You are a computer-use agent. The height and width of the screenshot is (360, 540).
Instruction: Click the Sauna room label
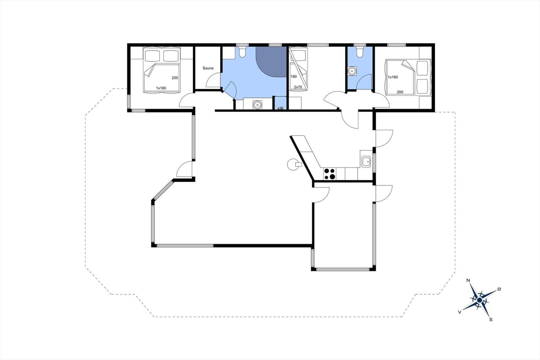[x=208, y=68]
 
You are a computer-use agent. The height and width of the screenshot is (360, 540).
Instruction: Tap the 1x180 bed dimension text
[x=161, y=88]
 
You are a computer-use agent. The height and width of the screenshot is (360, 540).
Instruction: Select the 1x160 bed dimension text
[x=393, y=77]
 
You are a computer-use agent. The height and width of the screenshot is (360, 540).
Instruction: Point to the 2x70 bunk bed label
[x=298, y=87]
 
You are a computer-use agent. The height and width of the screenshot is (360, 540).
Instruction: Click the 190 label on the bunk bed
[x=294, y=77]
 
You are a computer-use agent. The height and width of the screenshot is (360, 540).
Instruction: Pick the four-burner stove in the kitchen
[x=330, y=174]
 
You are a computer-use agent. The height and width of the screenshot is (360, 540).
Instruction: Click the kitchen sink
[x=366, y=161]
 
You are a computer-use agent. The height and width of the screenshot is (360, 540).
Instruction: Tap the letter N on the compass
[x=468, y=280]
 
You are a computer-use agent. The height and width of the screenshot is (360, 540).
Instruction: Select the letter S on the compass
[x=491, y=320]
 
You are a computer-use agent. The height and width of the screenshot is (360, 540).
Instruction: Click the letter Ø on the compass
[x=499, y=289]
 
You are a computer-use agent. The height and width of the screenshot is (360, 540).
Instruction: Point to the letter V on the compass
[x=459, y=312]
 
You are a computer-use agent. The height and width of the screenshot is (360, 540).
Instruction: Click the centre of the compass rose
[x=480, y=300]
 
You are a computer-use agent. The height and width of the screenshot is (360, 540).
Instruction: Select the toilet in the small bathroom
[x=359, y=52]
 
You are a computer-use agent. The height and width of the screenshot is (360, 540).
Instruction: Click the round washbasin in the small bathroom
[x=352, y=71]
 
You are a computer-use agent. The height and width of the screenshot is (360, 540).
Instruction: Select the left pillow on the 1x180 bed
[x=152, y=56]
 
